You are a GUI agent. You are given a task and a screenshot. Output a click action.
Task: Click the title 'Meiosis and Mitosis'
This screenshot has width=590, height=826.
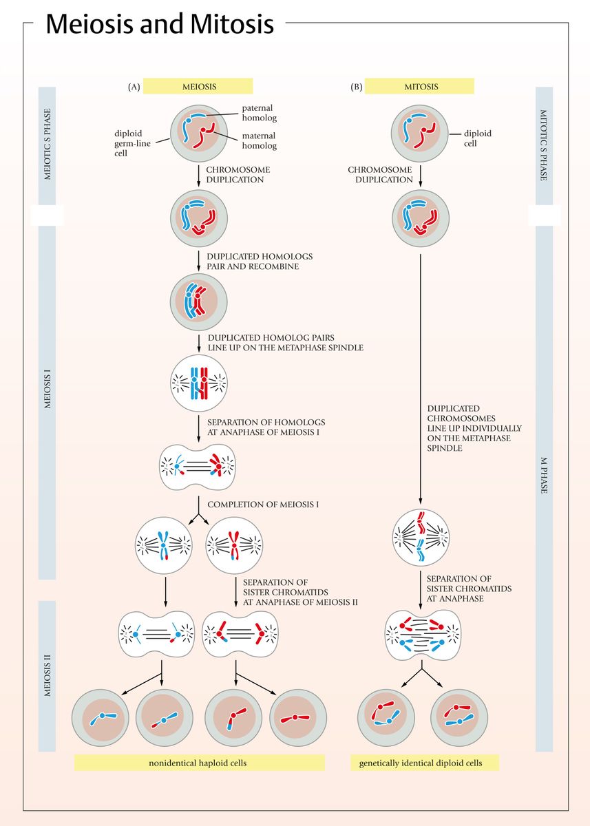pyautogui.click(x=159, y=25)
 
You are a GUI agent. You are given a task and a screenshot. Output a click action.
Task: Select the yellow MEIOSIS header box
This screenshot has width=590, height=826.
pyautogui.click(x=198, y=87)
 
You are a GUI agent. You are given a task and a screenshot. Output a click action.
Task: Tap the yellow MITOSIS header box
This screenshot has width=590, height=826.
pyautogui.click(x=419, y=87)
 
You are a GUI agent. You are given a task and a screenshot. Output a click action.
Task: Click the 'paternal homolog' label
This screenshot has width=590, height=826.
pyautogui.click(x=257, y=113)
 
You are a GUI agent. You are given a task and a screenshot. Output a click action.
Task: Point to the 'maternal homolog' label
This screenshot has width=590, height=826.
pyautogui.click(x=259, y=140)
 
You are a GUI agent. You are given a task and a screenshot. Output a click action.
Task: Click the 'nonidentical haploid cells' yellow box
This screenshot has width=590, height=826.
pyautogui.click(x=199, y=763)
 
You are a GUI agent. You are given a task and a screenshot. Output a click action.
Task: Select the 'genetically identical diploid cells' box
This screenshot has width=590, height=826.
pyautogui.click(x=420, y=763)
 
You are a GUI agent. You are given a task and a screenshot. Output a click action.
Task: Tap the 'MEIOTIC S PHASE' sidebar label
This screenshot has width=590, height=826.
pyautogui.click(x=47, y=144)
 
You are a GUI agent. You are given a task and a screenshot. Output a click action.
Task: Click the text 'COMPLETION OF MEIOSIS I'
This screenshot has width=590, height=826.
pyautogui.click(x=262, y=505)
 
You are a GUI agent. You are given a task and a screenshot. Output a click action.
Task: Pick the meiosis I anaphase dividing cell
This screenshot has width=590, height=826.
pyautogui.click(x=198, y=467)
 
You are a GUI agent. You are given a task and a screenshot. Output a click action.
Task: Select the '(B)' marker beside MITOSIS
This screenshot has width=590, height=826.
pyautogui.click(x=356, y=87)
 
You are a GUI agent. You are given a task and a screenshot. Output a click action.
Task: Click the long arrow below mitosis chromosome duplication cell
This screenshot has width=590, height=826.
pyautogui.click(x=420, y=379)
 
